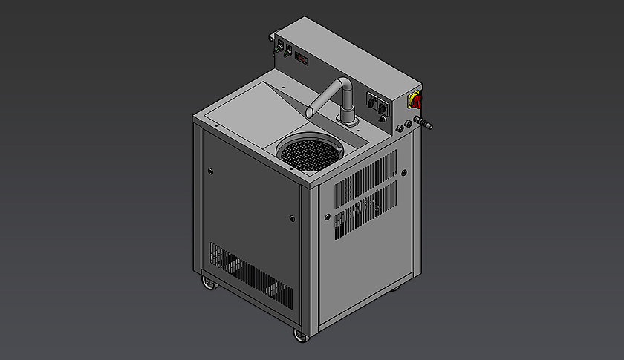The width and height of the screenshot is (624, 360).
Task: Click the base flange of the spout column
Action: click(345, 121)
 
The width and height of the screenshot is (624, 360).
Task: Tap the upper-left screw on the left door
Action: click(211, 172)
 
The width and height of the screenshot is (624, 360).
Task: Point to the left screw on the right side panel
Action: click(326, 217)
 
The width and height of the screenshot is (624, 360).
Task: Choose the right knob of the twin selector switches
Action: click(383, 108)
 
